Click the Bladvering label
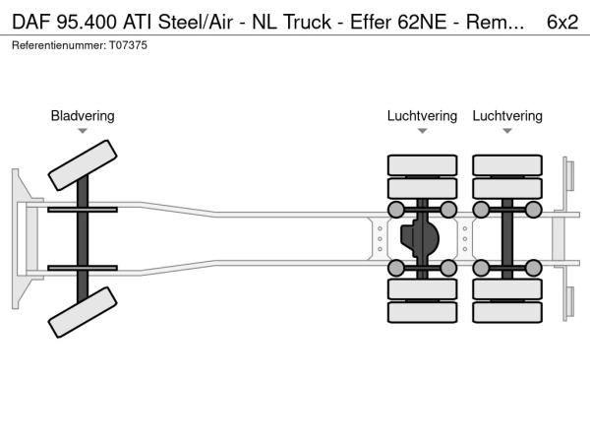(x=83, y=116)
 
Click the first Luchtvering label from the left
(x=422, y=116)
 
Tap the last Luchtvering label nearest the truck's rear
(x=506, y=116)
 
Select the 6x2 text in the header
(x=561, y=22)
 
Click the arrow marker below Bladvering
(x=83, y=131)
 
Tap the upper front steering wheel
(x=83, y=163)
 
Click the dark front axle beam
(x=83, y=238)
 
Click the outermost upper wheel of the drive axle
(x=422, y=163)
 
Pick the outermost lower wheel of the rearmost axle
(x=507, y=313)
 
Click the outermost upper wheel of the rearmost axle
(x=507, y=163)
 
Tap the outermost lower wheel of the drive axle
(x=422, y=313)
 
